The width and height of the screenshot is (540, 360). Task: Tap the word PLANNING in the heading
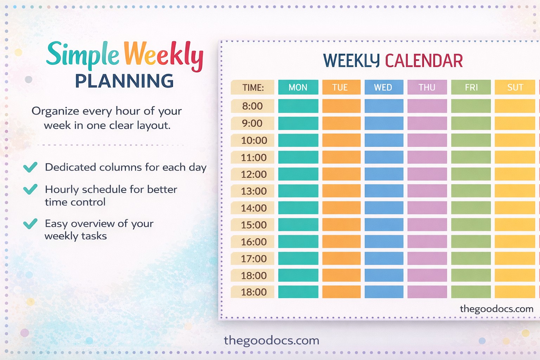124,81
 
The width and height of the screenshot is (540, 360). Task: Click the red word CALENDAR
424,61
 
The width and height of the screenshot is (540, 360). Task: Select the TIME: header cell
252,88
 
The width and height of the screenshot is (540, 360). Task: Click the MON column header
298,88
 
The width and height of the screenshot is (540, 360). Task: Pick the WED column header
384,88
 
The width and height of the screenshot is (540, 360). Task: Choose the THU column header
427,88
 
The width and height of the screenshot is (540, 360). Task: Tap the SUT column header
515,88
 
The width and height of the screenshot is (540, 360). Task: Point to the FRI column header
471,88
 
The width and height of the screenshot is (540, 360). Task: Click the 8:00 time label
252,106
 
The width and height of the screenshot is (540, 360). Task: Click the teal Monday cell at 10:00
298,140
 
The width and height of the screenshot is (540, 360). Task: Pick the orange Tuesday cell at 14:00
341,208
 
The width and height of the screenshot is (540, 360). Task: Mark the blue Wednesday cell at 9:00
384,123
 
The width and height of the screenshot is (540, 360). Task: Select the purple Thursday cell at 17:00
427,258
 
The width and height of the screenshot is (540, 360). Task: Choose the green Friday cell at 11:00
471,157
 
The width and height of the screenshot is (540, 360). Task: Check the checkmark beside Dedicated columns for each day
30,167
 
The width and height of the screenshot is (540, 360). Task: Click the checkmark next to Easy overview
30,224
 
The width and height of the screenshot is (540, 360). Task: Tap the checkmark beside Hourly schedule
30,189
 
